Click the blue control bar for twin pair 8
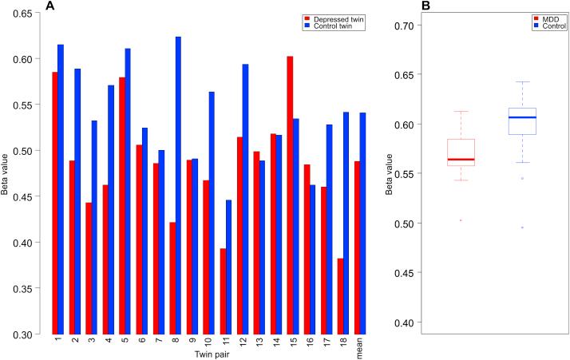click(177, 184)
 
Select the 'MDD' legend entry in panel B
click(546, 18)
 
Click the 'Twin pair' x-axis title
click(206, 353)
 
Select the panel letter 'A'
click(50, 6)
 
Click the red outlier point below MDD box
click(461, 220)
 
